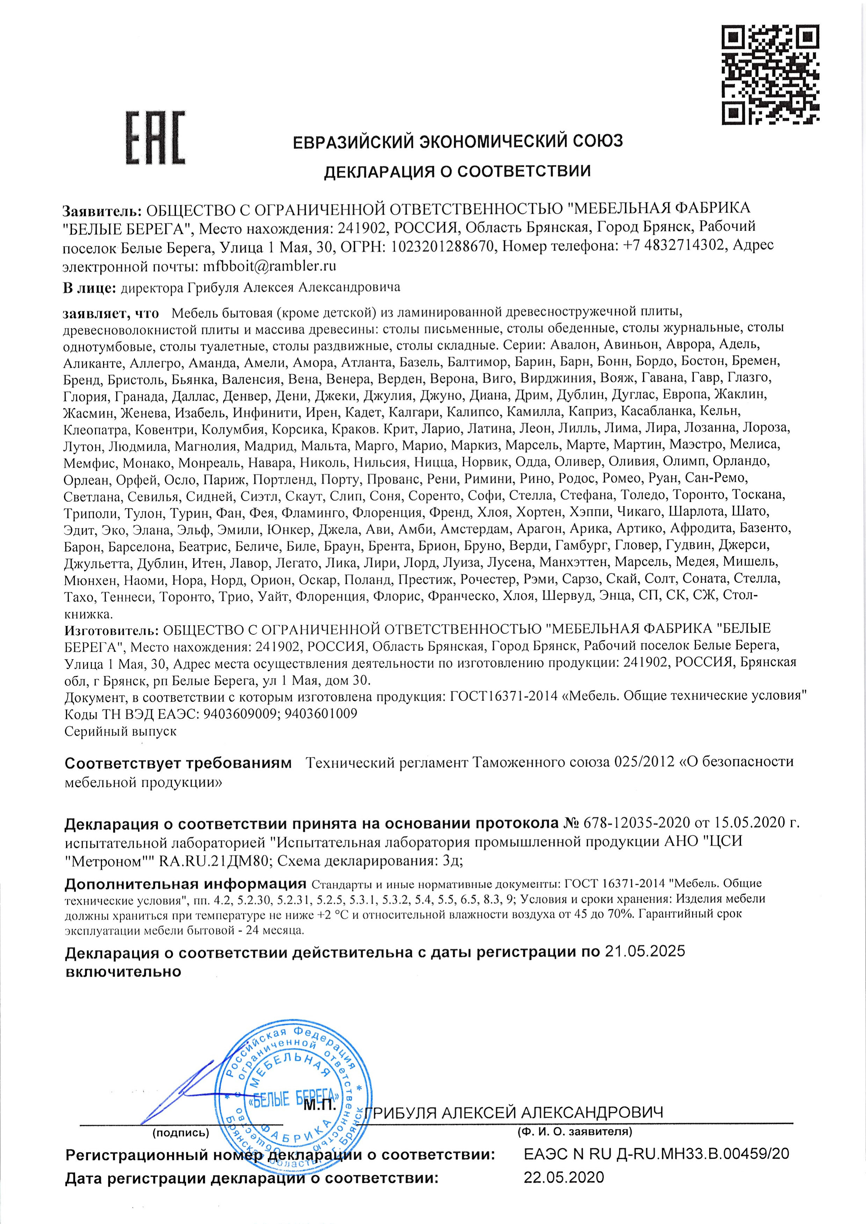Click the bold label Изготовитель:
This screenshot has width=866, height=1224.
click(x=111, y=631)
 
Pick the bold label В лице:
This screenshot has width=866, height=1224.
click(x=89, y=289)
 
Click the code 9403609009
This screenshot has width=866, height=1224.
click(x=237, y=714)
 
